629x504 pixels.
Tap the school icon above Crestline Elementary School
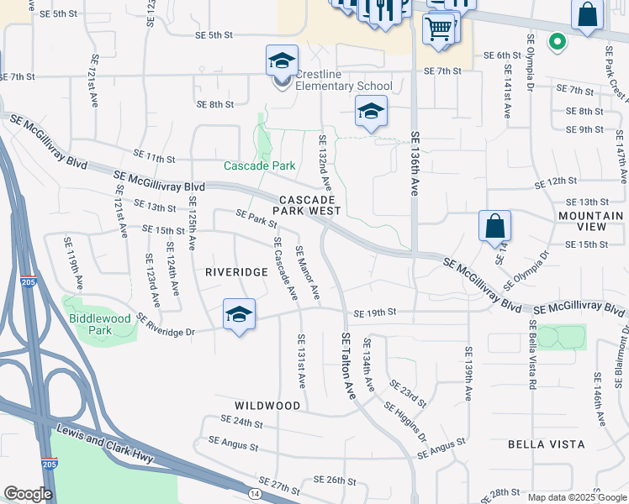pos(282,60)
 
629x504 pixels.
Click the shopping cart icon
pos(438,28)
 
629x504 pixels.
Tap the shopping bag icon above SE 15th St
pos(495,226)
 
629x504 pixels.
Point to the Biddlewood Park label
pos(100,324)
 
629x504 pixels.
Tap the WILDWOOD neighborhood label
pos(268,406)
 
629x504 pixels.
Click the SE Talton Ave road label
pos(348,365)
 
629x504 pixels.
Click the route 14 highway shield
pos(254,494)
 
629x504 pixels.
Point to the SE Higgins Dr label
pos(405,422)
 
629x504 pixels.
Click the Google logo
pos(28,494)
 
